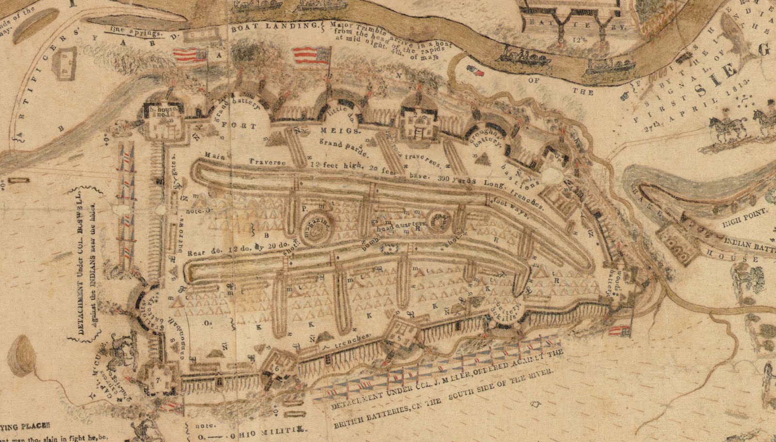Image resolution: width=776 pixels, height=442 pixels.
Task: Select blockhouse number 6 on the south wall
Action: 277,368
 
